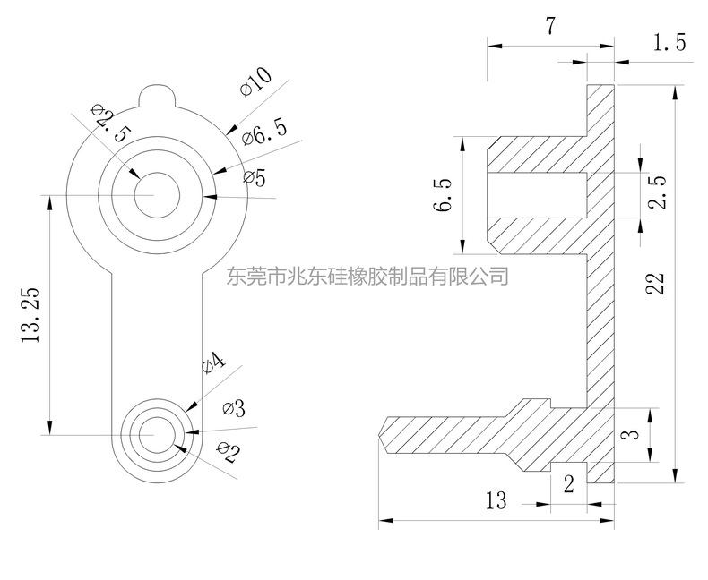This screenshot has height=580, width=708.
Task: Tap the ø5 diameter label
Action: click(255, 178)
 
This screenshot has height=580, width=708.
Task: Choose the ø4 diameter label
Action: click(212, 362)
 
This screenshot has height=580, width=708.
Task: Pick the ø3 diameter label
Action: click(233, 409)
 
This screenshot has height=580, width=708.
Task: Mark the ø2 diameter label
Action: click(228, 454)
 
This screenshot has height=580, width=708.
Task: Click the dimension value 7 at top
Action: click(549, 27)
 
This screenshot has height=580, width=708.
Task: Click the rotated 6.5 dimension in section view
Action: click(442, 195)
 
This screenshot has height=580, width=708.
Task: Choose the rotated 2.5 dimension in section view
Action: click(658, 192)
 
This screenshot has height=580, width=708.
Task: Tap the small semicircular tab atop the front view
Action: click(158, 94)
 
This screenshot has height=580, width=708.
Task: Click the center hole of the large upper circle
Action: click(158, 194)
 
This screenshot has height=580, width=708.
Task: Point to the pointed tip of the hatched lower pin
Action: click(383, 433)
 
